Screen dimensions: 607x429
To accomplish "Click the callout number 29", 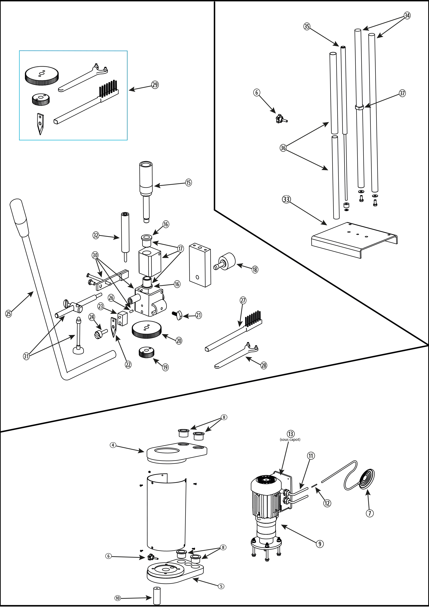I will click(155, 85).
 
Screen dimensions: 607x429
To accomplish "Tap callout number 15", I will click(188, 182).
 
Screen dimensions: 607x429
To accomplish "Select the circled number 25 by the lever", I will click(8, 314).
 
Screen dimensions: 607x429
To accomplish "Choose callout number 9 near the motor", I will click(320, 544).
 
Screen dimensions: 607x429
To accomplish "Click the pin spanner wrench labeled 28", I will click(235, 357).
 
